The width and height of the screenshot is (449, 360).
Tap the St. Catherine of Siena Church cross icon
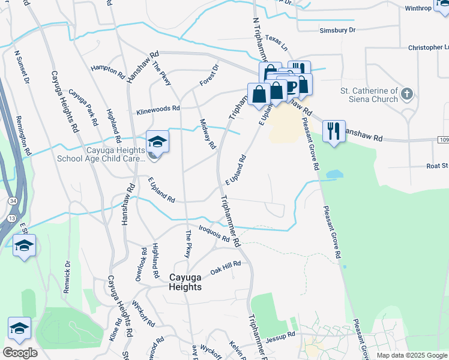[407, 94]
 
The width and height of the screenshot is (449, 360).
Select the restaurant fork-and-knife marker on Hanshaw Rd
[333, 131]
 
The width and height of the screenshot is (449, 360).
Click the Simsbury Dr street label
[338, 29]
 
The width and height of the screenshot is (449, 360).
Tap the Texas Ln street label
[277, 41]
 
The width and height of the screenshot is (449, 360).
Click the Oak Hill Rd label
[225, 268]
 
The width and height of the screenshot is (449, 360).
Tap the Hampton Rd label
[107, 70]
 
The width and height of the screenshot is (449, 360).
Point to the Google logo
[20, 353]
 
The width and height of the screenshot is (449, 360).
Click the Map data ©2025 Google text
[412, 355]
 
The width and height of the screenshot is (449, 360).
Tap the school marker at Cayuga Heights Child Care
[157, 142]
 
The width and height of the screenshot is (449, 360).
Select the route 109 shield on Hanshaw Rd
[443, 139]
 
